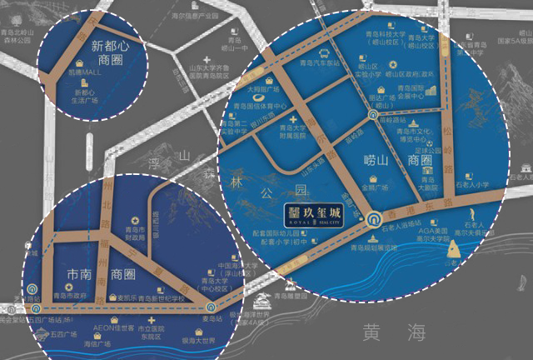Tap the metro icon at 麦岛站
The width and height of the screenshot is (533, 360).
[x=212, y=307]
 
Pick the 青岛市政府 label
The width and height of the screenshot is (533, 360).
[x=71, y=295]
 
